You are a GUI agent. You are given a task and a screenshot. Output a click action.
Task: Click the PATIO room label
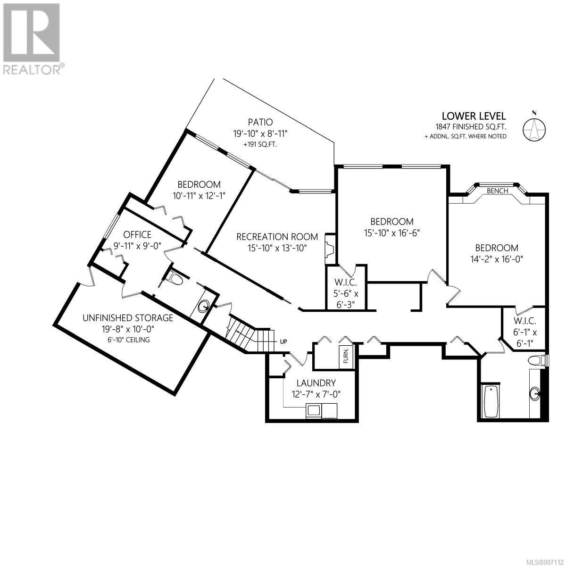[x=260, y=122]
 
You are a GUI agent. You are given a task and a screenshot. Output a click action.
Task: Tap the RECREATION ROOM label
[x=277, y=236]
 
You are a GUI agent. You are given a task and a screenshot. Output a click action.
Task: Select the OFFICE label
[x=137, y=234]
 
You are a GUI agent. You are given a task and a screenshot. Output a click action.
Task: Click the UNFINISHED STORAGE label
[x=128, y=318]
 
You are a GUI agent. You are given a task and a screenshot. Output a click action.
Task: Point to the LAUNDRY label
[x=316, y=383]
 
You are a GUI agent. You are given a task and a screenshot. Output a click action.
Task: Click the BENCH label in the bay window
[x=497, y=191]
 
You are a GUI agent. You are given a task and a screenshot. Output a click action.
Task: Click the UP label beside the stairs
[x=283, y=341]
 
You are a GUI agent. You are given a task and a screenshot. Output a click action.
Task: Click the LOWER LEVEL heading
[x=474, y=116]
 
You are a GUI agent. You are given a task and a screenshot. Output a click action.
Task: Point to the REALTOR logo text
[x=33, y=70]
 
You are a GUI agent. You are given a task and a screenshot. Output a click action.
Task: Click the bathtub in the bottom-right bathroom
[x=491, y=401]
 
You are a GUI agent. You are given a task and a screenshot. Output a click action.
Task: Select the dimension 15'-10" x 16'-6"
[x=392, y=233]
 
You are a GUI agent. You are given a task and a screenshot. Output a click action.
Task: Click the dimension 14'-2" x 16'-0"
[x=496, y=259]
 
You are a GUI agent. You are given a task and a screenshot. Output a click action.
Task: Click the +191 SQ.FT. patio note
[x=260, y=144]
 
